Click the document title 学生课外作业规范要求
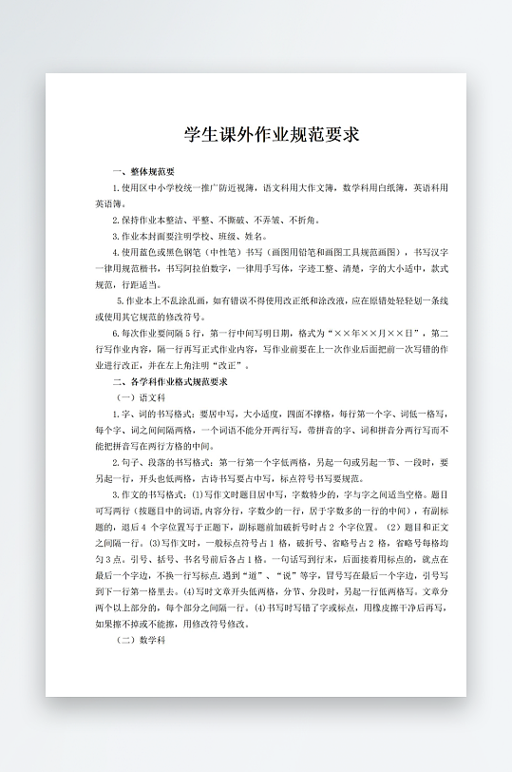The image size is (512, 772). (271, 134)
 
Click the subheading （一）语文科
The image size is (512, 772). (140, 397)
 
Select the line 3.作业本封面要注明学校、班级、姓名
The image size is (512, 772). (189, 236)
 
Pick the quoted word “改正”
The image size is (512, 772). (236, 365)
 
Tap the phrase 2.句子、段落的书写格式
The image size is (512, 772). (161, 463)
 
